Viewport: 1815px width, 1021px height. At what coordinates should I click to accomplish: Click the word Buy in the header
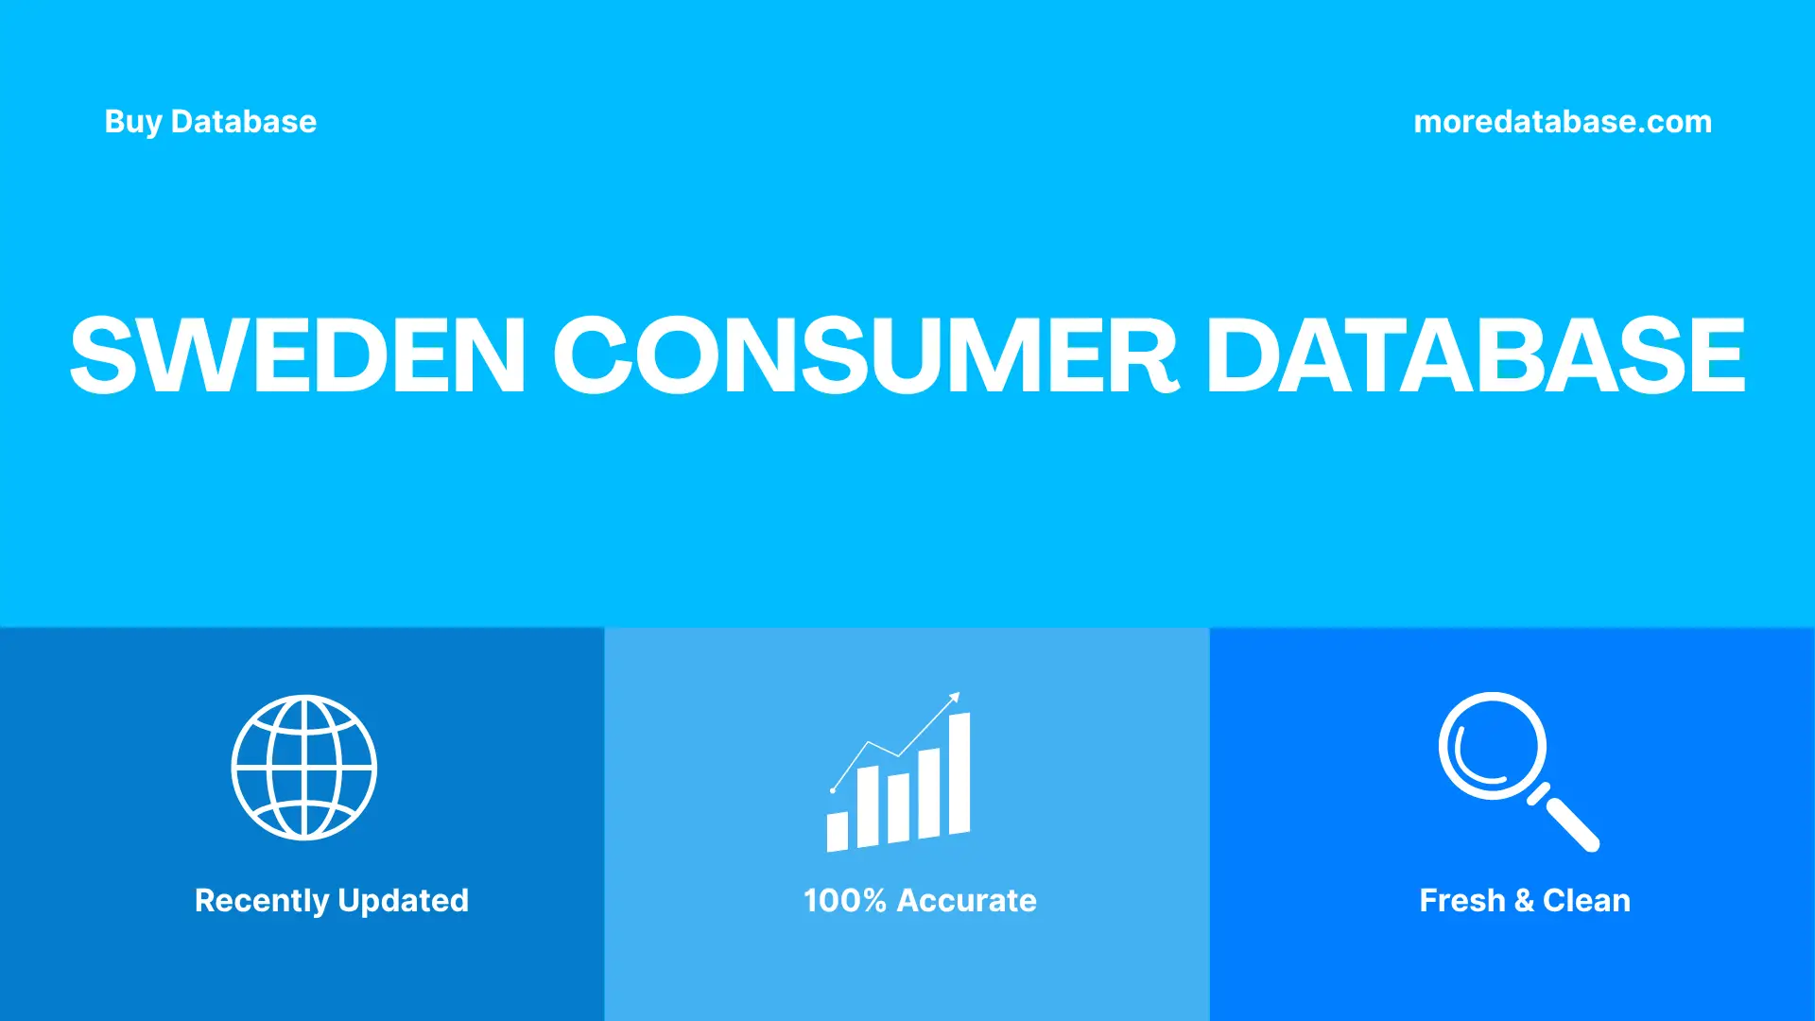pos(132,122)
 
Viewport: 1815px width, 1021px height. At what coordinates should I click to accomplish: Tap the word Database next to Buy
pos(243,122)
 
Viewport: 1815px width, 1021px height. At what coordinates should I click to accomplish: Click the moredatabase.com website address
pos(1562,122)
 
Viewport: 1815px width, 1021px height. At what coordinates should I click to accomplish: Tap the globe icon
pos(304,767)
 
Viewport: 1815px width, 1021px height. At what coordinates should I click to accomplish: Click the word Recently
pos(262,900)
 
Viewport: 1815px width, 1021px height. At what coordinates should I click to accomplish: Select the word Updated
pos(403,900)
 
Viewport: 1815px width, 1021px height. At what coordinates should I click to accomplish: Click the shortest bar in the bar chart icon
pos(838,832)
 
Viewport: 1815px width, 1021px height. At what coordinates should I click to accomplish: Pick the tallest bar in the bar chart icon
pos(959,773)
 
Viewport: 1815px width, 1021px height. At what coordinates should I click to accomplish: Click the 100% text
pos(844,900)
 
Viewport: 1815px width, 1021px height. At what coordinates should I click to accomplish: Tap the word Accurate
pos(966,900)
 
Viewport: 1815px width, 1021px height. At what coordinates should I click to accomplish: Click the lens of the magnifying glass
pos(1492,746)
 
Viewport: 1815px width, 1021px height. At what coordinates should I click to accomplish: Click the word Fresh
pos(1461,900)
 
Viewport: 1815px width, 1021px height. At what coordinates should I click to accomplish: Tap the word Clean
pos(1586,900)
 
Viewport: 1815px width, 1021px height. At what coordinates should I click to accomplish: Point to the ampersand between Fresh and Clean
pos(1524,900)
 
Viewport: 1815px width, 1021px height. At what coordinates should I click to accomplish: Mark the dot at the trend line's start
pos(833,790)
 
